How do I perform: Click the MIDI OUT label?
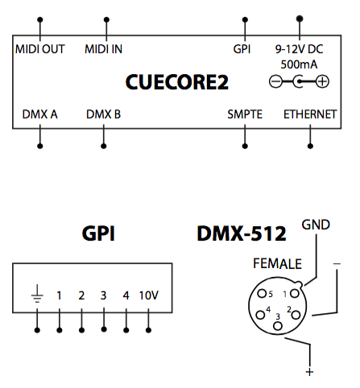pos(40,49)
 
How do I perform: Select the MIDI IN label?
pos(103,49)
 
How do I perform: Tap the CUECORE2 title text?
pos(177,82)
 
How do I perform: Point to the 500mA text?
pos(299,64)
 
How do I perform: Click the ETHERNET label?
pos(310,114)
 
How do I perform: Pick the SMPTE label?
pos(245,114)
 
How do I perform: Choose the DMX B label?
pos(103,114)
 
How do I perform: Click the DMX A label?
pos(39,114)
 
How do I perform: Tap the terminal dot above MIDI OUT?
pos(40,19)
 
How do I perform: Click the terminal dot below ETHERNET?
pos(310,147)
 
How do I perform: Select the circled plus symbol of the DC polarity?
pos(322,81)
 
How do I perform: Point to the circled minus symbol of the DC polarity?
pos(275,81)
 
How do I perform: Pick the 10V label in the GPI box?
pos(149,295)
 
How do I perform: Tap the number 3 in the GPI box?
pos(104,295)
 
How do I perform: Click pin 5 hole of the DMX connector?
pos(262,293)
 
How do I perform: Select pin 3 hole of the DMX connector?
pos(278,326)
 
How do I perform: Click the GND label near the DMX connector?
pos(316,225)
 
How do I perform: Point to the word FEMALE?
pos(277,263)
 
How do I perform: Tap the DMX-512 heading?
pos(242,233)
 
